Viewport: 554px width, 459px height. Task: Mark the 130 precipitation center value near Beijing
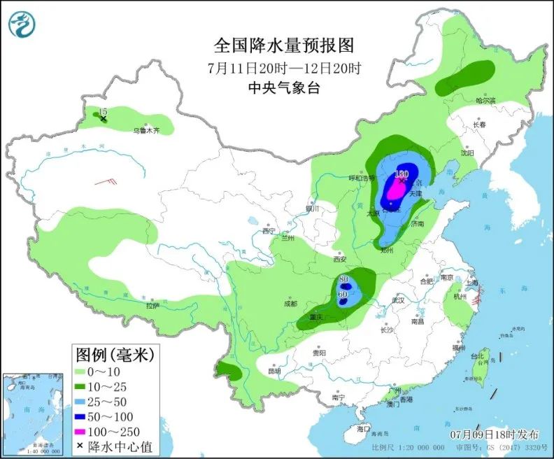click(401, 174)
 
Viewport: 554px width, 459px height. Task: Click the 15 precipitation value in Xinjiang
click(103, 112)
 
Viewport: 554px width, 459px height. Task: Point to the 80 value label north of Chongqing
click(343, 280)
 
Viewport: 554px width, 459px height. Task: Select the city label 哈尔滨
click(485, 101)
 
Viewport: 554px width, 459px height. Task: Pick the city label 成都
click(290, 304)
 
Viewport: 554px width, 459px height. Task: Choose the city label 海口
click(362, 428)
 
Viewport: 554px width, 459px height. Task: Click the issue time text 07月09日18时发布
click(494, 434)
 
